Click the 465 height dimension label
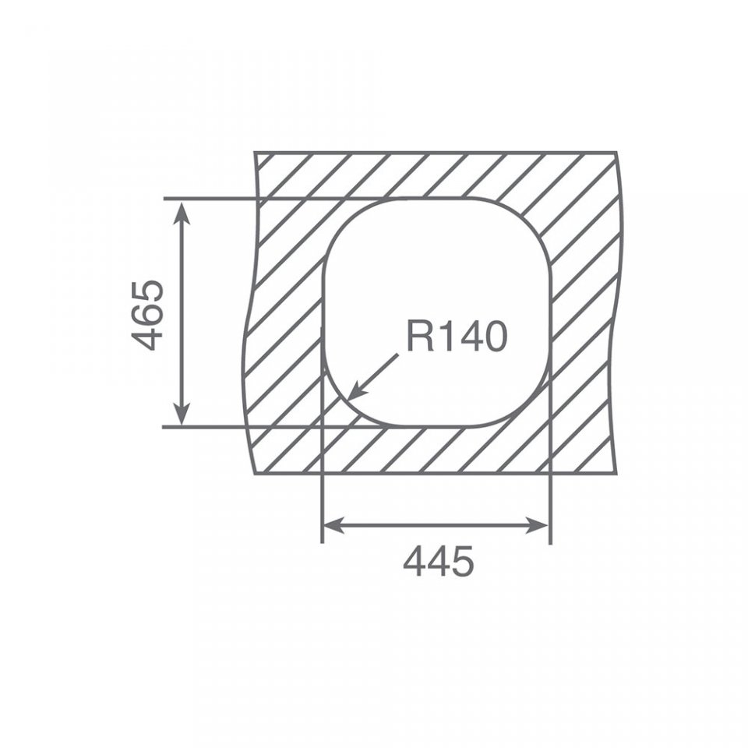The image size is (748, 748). pyautogui.click(x=147, y=316)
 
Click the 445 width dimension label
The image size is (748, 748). pyautogui.click(x=439, y=561)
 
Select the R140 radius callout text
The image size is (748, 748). pyautogui.click(x=457, y=337)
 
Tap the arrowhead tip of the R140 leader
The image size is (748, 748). pyautogui.click(x=348, y=400)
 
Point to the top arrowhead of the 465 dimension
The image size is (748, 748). pyautogui.click(x=182, y=201)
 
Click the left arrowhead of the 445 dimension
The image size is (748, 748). pyautogui.click(x=324, y=526)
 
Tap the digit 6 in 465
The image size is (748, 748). pyautogui.click(x=147, y=316)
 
